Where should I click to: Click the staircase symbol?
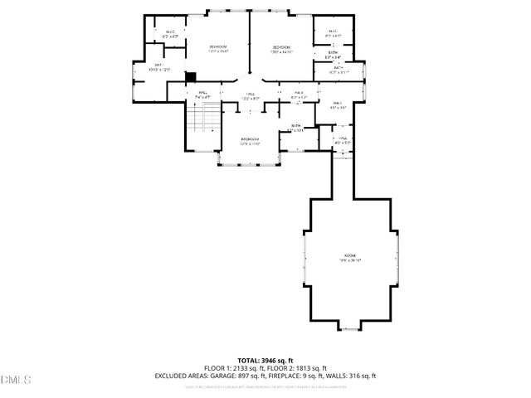pos(203,121)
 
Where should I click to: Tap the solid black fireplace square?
pos(189,77)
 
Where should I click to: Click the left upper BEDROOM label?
pos(217,46)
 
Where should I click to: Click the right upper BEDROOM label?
pos(282,49)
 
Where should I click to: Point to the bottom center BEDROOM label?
pos(250,139)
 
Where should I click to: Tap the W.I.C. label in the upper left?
pos(170,32)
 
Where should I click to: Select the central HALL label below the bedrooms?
pos(250,95)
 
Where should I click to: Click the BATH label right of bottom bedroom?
pos(295,126)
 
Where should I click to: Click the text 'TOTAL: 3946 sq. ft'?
pos(265,361)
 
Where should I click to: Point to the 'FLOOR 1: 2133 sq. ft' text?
pos(234,368)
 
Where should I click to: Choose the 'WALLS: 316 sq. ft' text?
pos(353,376)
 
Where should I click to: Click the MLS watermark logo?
pos(16,379)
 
